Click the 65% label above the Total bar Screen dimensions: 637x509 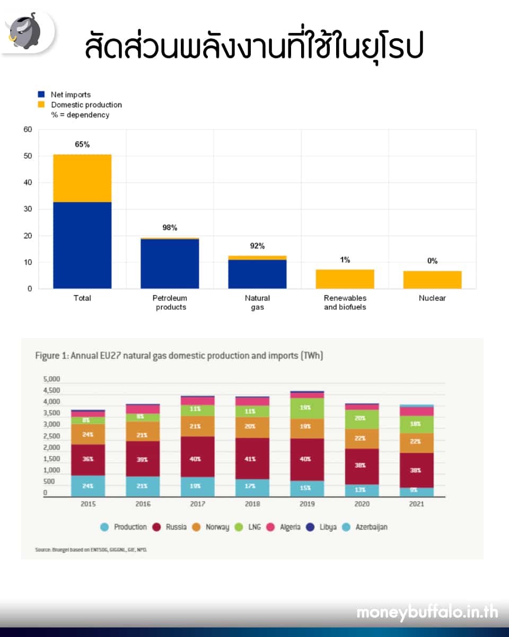[x=82, y=144]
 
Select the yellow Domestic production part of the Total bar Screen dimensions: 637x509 [x=82, y=178]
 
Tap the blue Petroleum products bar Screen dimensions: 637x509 [x=170, y=264]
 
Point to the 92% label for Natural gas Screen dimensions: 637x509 [x=257, y=246]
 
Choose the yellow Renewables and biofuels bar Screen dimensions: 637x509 [x=345, y=279]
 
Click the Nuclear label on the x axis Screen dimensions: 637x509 [x=432, y=298]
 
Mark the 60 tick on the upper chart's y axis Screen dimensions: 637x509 [x=28, y=129]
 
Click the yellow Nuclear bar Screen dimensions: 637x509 [x=432, y=280]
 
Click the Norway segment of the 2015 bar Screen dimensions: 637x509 [x=89, y=434]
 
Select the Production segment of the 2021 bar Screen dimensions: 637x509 [x=417, y=492]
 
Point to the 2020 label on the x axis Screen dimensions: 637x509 [x=362, y=503]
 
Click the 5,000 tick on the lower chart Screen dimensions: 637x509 [x=51, y=379]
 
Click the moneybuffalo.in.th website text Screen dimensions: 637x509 [x=427, y=612]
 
